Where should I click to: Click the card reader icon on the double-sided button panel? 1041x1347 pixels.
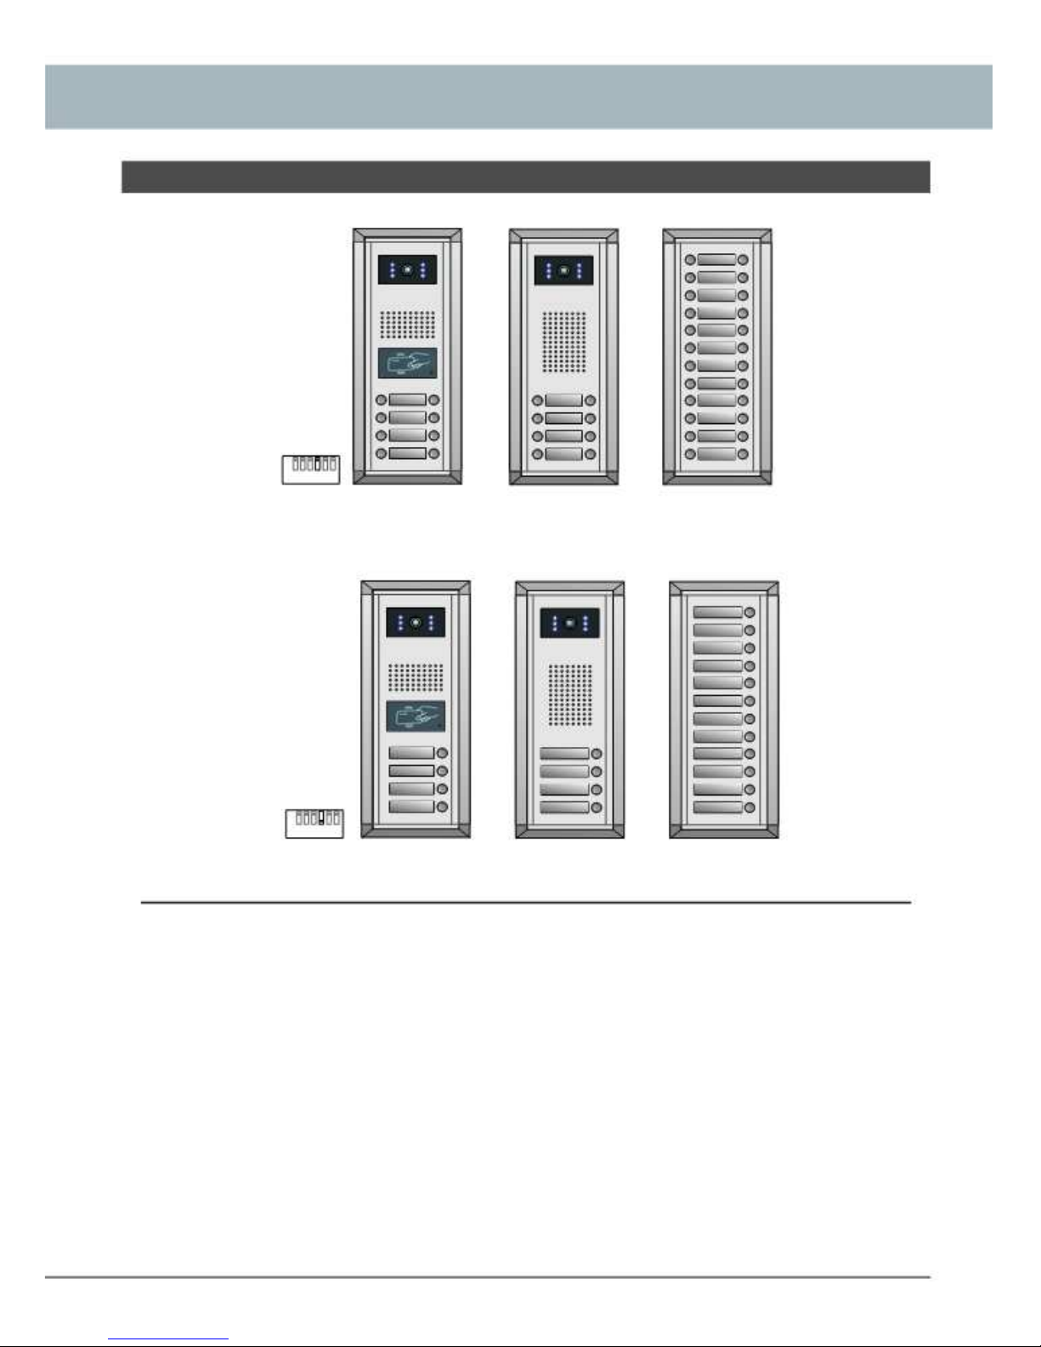point(407,363)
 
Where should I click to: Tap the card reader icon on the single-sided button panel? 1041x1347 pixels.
point(416,716)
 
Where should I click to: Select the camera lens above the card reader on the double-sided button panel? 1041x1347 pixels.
point(408,271)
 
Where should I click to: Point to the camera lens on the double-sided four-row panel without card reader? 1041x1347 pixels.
point(563,271)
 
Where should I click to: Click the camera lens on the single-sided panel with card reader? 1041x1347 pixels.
point(415,622)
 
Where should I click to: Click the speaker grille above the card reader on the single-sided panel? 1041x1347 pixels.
point(416,676)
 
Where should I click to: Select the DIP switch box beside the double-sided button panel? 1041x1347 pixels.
point(311,469)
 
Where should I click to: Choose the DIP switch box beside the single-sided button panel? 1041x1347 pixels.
point(314,823)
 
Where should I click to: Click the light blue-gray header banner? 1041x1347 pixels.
point(518,96)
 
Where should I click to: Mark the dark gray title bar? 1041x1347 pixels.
point(525,177)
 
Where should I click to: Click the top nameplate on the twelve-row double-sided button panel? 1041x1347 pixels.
point(716,260)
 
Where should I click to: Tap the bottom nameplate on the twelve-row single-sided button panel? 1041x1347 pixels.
point(718,807)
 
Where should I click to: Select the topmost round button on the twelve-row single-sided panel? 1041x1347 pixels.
point(750,613)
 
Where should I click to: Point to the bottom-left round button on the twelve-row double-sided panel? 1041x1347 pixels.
point(690,455)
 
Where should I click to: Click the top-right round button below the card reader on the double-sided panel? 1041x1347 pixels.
point(434,400)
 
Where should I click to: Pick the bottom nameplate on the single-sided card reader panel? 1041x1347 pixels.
point(411,807)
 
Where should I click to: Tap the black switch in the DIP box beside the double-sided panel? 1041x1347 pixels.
point(318,464)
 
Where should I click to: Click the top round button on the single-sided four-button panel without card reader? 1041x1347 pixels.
point(597,754)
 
